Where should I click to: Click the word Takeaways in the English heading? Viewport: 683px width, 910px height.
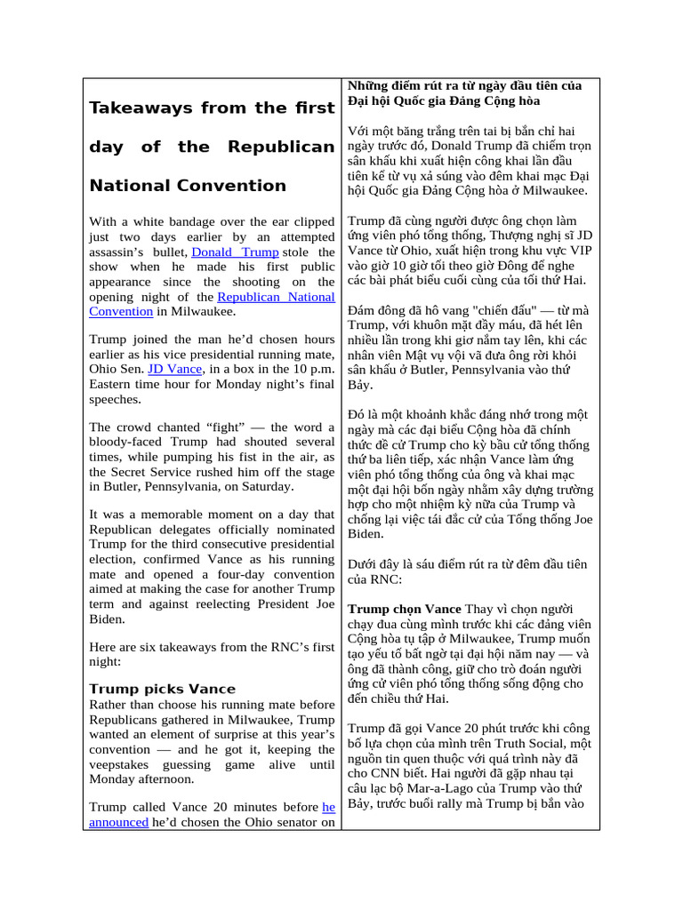(139, 108)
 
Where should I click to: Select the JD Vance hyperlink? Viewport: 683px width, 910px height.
(167, 368)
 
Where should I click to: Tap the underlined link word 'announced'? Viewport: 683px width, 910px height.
(118, 823)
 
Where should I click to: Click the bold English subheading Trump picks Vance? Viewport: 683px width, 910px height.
(163, 689)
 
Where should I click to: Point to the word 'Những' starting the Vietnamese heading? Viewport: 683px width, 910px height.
(367, 85)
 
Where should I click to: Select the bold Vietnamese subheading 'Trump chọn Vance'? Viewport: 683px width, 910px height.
(404, 609)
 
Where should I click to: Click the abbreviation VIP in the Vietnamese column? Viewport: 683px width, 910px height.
(579, 251)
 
